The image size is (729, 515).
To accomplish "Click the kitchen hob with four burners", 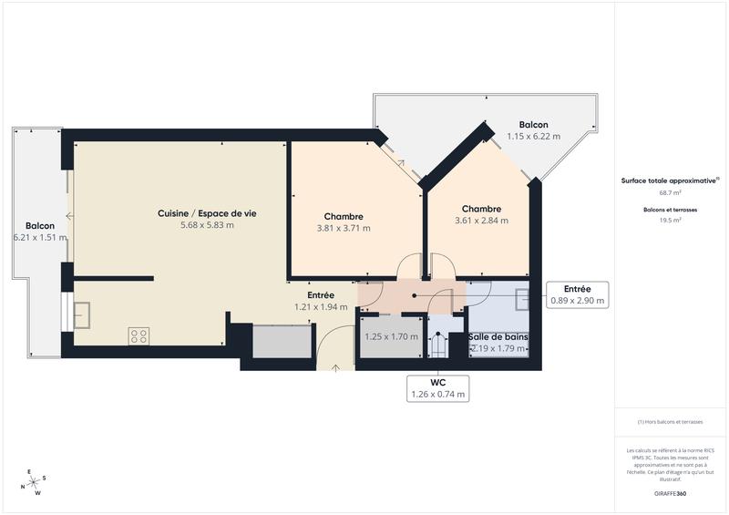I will click(x=139, y=335).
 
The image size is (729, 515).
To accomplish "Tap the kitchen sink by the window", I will click(x=82, y=314).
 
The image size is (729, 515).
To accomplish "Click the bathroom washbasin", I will click(x=523, y=300).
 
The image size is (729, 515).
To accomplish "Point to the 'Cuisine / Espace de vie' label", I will click(x=207, y=212).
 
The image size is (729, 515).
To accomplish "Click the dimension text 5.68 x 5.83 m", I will click(x=207, y=225).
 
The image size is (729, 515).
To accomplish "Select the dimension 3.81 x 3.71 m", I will click(x=344, y=228).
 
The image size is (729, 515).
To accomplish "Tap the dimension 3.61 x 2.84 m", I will click(x=481, y=221).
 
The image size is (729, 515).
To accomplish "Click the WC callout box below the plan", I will click(x=438, y=388).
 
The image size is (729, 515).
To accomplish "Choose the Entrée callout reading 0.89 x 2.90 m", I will click(x=578, y=294).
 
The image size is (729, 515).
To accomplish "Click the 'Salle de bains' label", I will click(x=498, y=337).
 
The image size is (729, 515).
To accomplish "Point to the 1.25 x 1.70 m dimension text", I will click(x=391, y=336).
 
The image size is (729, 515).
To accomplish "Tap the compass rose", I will click(x=36, y=482).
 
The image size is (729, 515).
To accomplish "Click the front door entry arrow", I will click(x=336, y=366).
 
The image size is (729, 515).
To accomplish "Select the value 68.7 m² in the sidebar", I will click(x=671, y=193).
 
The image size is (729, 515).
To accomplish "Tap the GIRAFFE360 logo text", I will click(x=670, y=493).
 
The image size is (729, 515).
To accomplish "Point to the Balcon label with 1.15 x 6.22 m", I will click(x=533, y=129).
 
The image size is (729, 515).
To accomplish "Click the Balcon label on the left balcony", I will click(x=40, y=225).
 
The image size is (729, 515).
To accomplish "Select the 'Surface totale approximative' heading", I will click(x=670, y=180).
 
